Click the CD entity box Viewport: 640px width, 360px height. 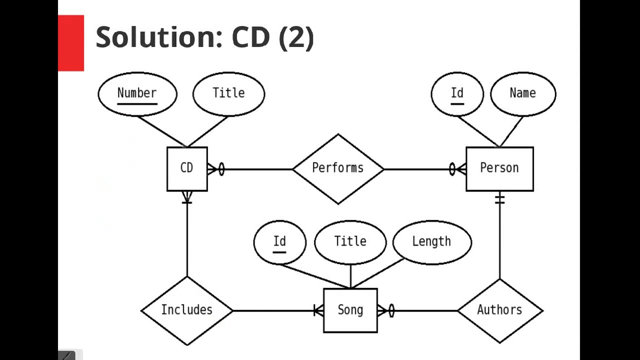[x=187, y=168]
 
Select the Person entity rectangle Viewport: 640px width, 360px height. [x=499, y=168]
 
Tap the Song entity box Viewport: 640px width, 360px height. [x=350, y=310]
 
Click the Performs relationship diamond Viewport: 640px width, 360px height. [x=338, y=168]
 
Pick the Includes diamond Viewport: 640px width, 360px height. [x=187, y=310]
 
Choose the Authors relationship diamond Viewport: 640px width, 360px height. [x=499, y=310]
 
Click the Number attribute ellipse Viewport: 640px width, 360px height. [x=137, y=93]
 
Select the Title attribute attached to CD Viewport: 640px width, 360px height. [x=228, y=93]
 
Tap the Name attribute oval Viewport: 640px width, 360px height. [x=523, y=93]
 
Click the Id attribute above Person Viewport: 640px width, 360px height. [x=457, y=93]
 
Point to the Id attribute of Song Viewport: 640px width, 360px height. [x=279, y=242]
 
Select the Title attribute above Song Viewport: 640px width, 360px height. [x=350, y=242]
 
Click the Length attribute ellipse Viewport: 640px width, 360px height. [x=431, y=242]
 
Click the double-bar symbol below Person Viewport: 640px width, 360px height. [x=499, y=199]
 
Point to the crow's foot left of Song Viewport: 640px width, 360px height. [x=318, y=310]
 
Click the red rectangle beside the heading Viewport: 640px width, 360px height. [x=71, y=43]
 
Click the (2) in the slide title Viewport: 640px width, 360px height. [x=296, y=37]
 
